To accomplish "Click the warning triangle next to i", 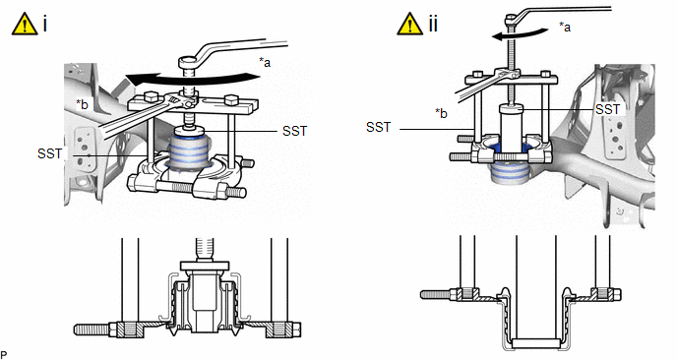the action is coord(25,25).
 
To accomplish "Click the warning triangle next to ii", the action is coord(409,25).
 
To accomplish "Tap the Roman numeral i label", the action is coord(44,24).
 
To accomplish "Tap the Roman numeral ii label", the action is coord(433,24).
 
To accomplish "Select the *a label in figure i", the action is coord(265,62).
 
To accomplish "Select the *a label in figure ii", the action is coord(564,27).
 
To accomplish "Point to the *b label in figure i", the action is coord(82,104).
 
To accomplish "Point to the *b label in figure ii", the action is coord(441,113).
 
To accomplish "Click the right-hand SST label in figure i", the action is coord(295,131).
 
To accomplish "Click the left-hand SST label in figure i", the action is coord(49,153).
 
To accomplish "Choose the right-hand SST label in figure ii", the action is coord(607,109).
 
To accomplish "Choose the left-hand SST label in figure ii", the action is coord(378,127).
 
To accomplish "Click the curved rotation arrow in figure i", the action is coord(192,79).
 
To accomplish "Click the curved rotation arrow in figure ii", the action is coord(521,34).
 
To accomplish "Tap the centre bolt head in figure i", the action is coord(188,62).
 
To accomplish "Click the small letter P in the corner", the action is coord(4,354).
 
